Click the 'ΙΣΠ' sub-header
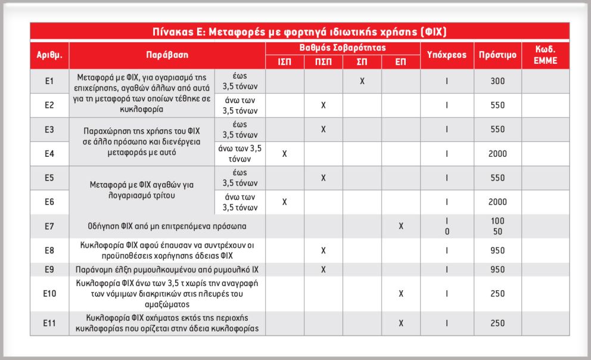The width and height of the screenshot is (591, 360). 284,61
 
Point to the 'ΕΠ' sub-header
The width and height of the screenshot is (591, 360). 401,61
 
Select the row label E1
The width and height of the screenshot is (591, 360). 49,80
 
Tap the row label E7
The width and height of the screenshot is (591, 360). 49,226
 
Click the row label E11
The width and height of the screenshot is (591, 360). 49,323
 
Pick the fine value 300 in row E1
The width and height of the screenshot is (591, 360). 497,80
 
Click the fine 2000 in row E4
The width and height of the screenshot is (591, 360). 497,154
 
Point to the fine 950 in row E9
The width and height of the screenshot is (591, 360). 497,269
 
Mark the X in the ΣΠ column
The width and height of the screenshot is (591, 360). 362,80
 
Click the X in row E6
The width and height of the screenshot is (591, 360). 284,202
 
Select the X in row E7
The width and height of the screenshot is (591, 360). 401,226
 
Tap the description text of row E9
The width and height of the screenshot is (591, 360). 167,269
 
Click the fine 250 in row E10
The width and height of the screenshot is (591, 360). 497,293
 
